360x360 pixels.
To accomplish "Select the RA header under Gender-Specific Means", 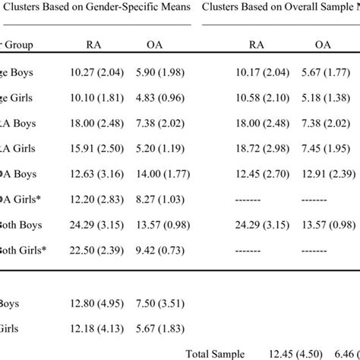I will (x=92, y=45).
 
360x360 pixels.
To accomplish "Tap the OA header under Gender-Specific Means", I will (x=155, y=45).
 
